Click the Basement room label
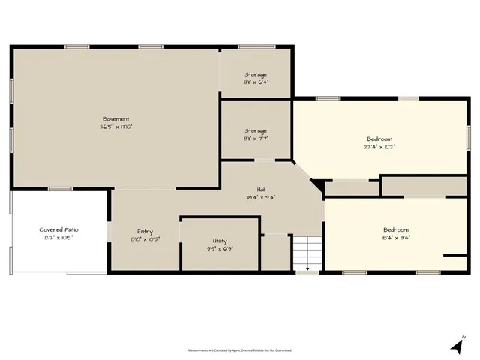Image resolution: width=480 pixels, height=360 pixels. click(x=116, y=118)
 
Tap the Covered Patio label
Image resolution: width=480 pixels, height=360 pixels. click(x=59, y=229)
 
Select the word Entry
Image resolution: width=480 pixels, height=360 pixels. click(x=145, y=231)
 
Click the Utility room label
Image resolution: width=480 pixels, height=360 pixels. click(x=219, y=241)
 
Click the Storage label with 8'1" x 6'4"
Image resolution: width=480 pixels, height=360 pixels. click(x=256, y=74)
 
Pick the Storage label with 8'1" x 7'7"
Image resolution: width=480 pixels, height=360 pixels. click(x=256, y=131)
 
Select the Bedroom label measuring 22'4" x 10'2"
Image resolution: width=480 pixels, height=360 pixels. click(x=379, y=139)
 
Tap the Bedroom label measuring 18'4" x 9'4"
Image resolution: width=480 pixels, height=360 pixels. click(x=397, y=229)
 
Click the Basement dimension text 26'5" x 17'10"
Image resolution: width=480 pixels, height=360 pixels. click(x=116, y=127)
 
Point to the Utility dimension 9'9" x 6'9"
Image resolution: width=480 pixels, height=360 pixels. click(x=219, y=248)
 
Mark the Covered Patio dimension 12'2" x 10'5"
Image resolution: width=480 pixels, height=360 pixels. click(x=59, y=237)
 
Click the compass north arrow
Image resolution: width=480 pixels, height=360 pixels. click(x=457, y=344)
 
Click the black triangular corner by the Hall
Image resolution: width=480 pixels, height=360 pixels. click(x=317, y=185)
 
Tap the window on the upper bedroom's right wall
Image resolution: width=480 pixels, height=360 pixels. click(x=468, y=135)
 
